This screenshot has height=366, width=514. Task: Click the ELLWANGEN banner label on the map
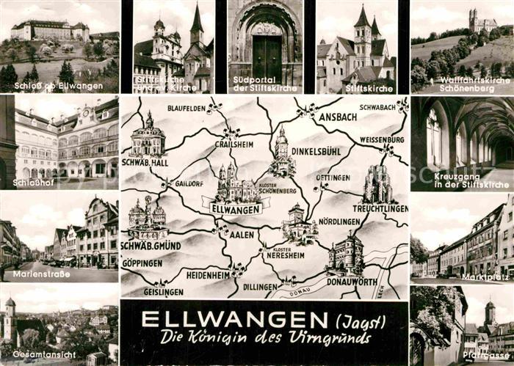(236, 209)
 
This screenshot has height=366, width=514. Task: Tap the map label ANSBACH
(336, 117)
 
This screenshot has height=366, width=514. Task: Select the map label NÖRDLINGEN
(339, 221)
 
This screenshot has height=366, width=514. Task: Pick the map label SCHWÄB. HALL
(145, 161)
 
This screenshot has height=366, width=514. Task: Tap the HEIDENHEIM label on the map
(208, 274)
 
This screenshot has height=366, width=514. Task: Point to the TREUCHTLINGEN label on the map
(380, 208)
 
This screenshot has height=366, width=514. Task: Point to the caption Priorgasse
(482, 355)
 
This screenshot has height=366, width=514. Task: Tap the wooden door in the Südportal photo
(267, 59)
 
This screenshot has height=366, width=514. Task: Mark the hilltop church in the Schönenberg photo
(482, 21)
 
